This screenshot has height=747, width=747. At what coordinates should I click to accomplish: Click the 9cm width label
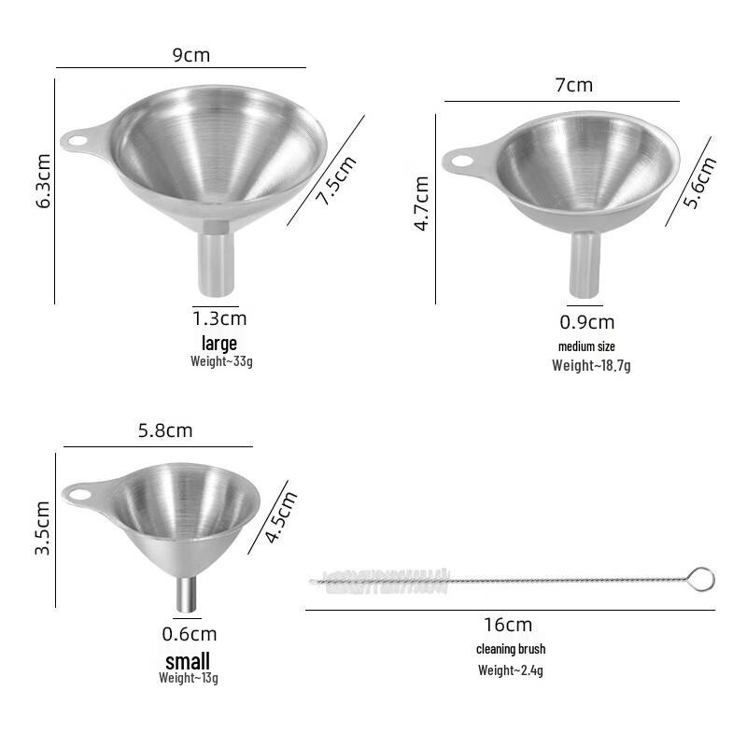tap(191, 54)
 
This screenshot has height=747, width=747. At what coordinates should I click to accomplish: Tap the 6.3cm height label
tap(44, 181)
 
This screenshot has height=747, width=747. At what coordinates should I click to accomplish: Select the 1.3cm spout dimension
tap(219, 318)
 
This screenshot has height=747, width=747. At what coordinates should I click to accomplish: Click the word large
tap(219, 343)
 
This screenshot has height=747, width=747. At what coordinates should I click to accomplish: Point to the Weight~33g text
tap(221, 360)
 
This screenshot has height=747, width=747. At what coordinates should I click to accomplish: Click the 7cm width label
tap(574, 86)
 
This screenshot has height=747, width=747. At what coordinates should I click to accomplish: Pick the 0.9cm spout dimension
tap(587, 323)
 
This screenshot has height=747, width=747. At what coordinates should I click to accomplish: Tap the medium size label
tap(586, 346)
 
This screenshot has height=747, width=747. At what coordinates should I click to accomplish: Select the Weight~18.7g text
tap(591, 365)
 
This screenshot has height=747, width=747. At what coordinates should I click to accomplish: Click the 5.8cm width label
tap(165, 430)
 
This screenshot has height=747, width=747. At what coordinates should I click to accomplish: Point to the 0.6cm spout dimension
tap(190, 634)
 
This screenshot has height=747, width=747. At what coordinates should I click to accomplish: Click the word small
tap(188, 661)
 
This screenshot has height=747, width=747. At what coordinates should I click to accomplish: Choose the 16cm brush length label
tap(509, 625)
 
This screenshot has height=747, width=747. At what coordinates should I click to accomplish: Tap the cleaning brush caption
tap(511, 649)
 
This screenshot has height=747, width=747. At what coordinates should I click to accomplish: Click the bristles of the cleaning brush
tap(383, 580)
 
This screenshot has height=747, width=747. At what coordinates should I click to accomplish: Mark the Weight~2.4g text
tap(509, 669)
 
